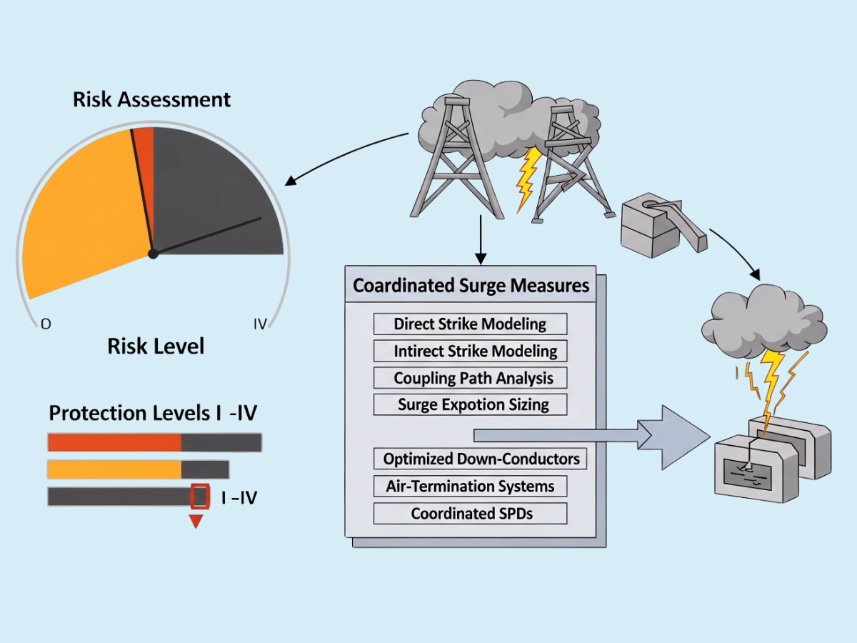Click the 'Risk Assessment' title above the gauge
click(151, 99)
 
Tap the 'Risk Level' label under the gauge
click(156, 347)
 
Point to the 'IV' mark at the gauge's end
click(260, 324)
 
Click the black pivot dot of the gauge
click(152, 253)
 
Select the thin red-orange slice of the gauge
click(144, 164)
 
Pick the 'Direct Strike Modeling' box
click(470, 324)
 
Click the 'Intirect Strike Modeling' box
click(470, 351)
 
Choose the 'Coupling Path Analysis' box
click(470, 378)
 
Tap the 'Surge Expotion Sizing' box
click(470, 404)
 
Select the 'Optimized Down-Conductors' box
click(480, 459)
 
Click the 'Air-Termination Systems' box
click(470, 486)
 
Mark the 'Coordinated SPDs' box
click(470, 513)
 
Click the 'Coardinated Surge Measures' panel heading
click(471, 286)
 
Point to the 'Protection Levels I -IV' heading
click(152, 413)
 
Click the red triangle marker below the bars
click(196, 522)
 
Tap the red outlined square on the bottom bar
click(200, 496)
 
